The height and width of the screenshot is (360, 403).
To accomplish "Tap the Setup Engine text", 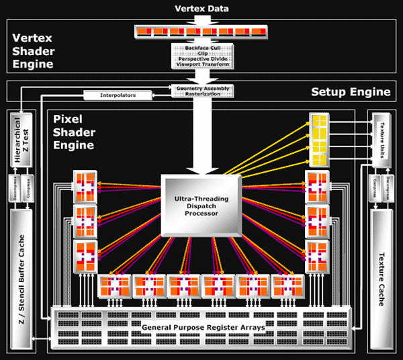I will coord(351,91).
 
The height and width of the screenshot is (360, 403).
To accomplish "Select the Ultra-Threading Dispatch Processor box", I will coord(202,205).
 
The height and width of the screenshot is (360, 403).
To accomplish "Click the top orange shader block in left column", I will coord(85,185).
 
